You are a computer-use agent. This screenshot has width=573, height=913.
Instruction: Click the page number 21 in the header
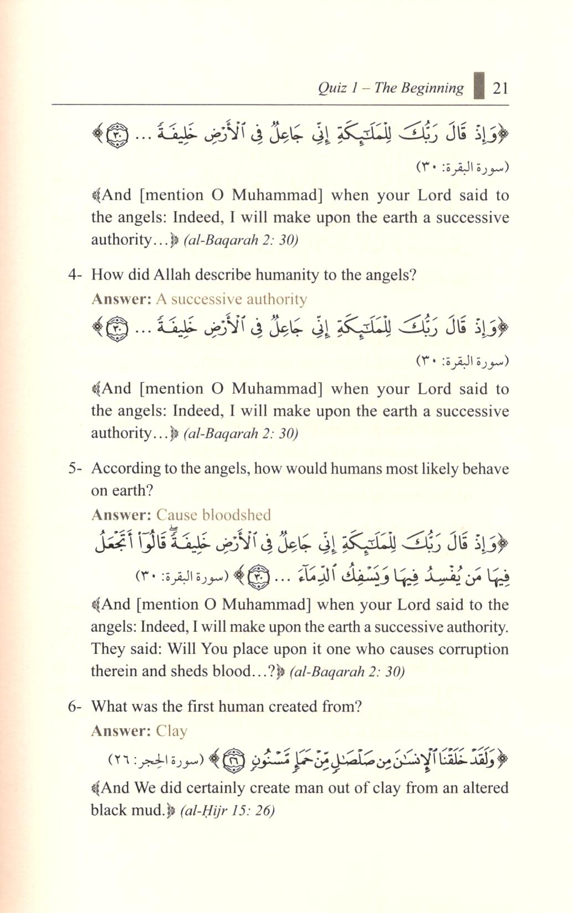[x=500, y=88]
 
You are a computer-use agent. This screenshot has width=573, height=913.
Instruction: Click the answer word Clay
[x=172, y=731]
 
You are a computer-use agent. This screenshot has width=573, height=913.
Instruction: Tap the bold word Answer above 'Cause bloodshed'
[x=121, y=515]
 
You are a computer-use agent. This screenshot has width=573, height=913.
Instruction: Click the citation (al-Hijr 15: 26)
[x=228, y=810]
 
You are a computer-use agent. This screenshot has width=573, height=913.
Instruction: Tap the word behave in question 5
[x=486, y=469]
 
